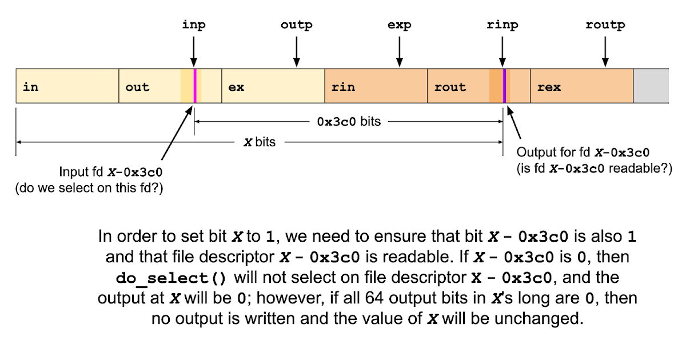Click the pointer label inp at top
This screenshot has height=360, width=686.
tap(194, 25)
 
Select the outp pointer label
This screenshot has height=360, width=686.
tap(296, 25)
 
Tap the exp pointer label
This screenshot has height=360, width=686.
tap(399, 25)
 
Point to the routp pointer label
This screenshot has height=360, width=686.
tap(605, 25)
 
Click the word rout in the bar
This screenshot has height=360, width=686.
tap(450, 87)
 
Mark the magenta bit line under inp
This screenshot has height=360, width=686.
tap(195, 86)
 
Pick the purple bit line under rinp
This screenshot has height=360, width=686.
tap(504, 86)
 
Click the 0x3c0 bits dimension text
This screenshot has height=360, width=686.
tap(349, 122)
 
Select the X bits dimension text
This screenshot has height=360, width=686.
tap(260, 142)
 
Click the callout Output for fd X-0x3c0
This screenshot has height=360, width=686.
tap(583, 153)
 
